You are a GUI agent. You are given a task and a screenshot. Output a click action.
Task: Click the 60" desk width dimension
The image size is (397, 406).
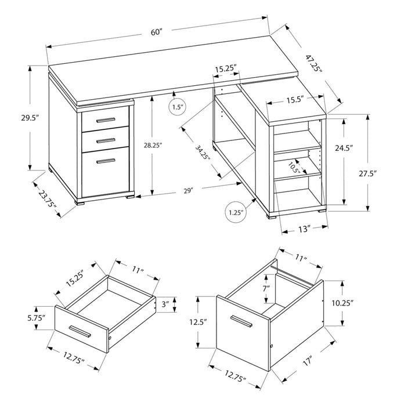coord(156,32)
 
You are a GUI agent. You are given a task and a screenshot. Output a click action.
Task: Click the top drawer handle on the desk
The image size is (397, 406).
coord(105,120)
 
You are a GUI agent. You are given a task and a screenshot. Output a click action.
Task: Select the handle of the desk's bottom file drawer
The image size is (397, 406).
coord(105,159)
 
